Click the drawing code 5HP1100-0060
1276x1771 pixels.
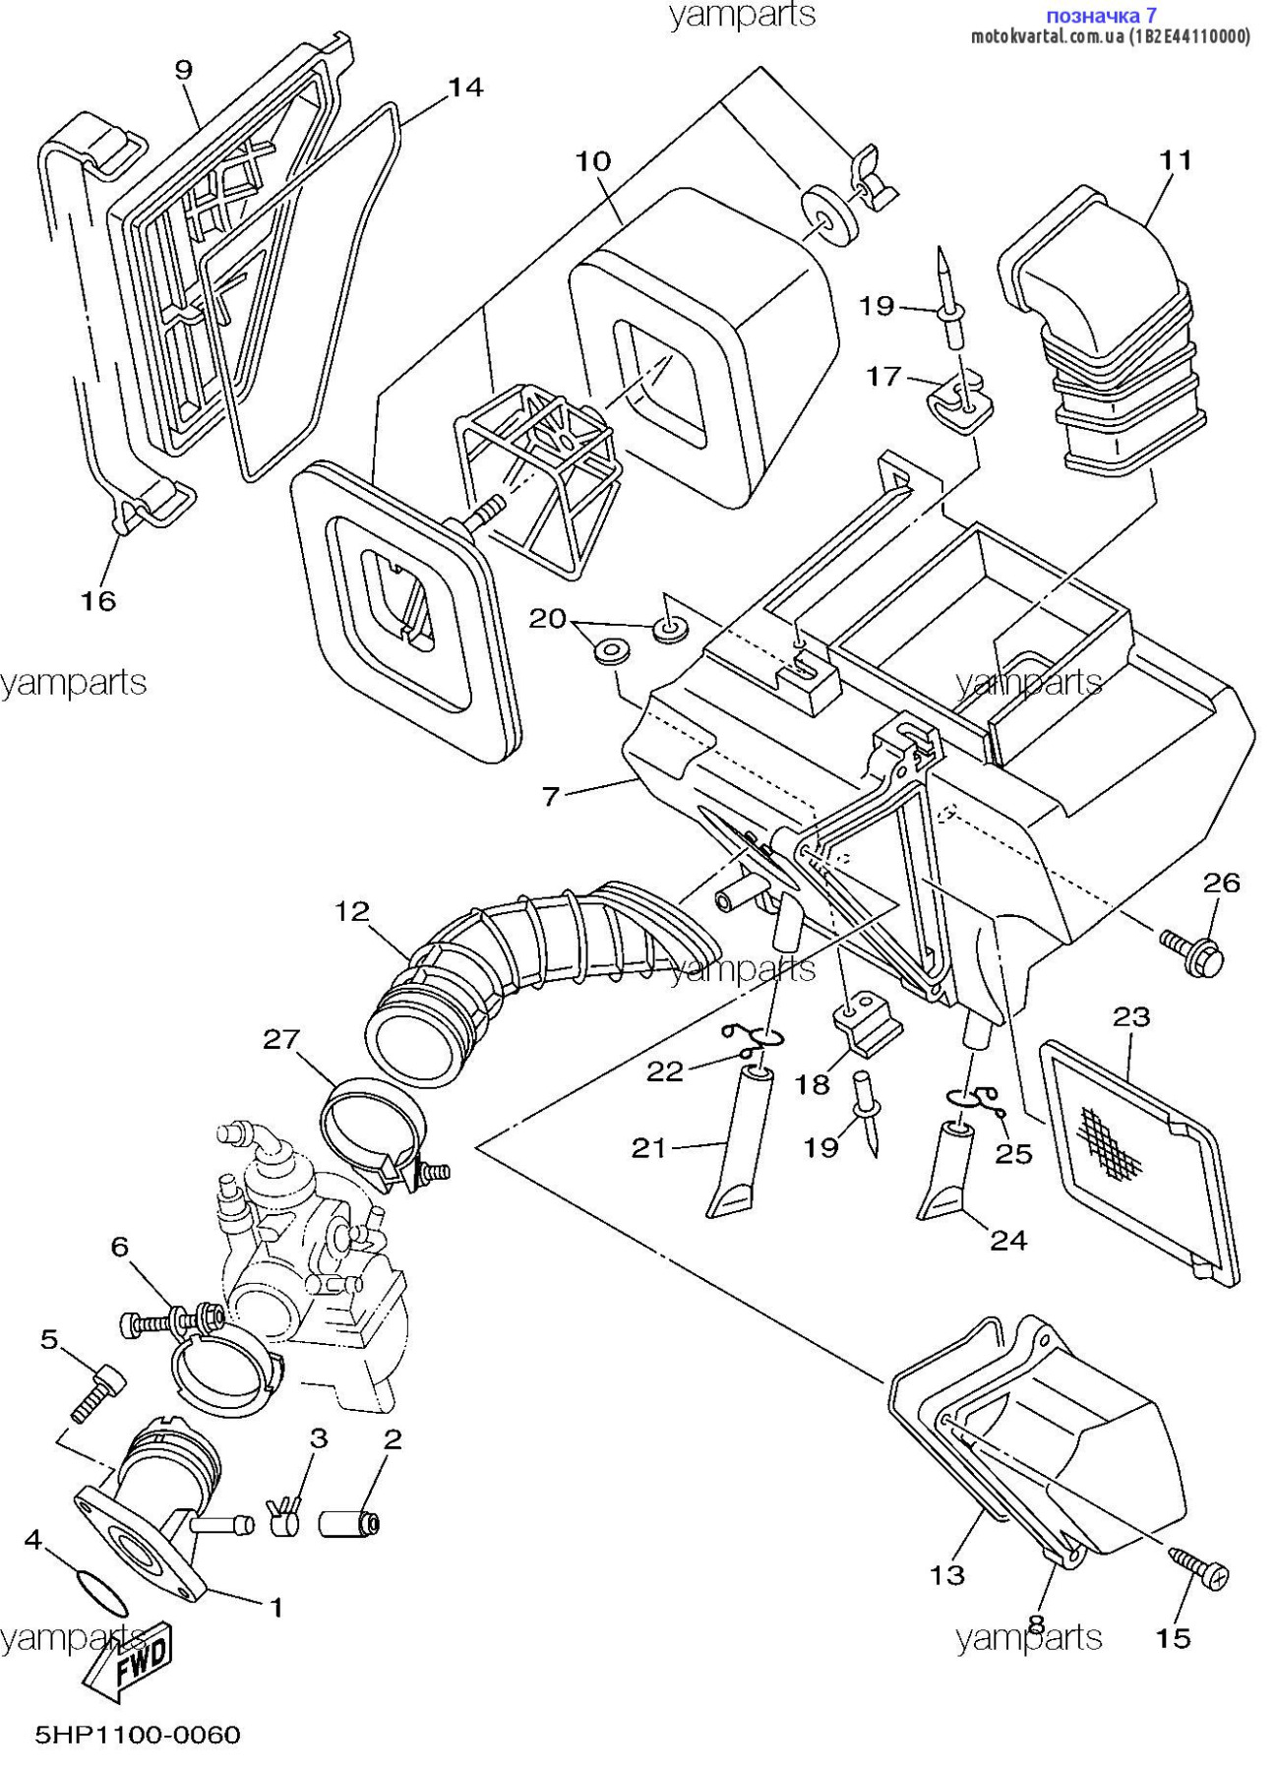pyautogui.click(x=138, y=1734)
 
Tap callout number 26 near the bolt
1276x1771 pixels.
pyautogui.click(x=1221, y=883)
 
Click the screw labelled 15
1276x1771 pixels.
pyautogui.click(x=1197, y=1565)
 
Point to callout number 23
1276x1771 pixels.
pyautogui.click(x=1131, y=1015)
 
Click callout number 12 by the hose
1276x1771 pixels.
pyautogui.click(x=351, y=911)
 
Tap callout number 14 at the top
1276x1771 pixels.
pyautogui.click(x=465, y=88)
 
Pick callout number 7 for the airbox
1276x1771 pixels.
pyautogui.click(x=551, y=795)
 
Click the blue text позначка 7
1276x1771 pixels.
pyautogui.click(x=1101, y=15)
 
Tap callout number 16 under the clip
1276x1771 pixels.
pyautogui.click(x=98, y=600)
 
